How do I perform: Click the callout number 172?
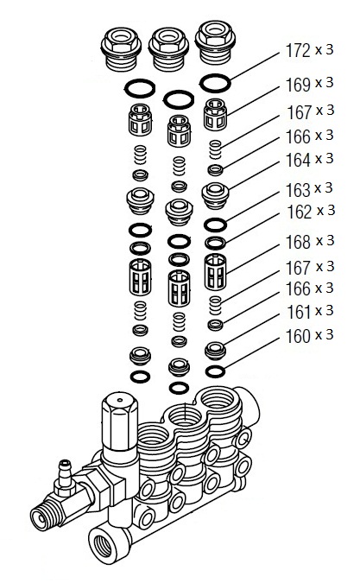coord(298,51)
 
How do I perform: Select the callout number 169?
coord(298,85)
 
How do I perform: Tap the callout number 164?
coord(298,161)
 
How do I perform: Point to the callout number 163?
coord(298,190)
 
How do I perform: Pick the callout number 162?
coord(299,212)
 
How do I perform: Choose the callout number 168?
coord(298,243)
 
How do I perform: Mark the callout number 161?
coord(299,313)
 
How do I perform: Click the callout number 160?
coord(298,336)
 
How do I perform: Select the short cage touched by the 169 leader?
coord(215,114)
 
